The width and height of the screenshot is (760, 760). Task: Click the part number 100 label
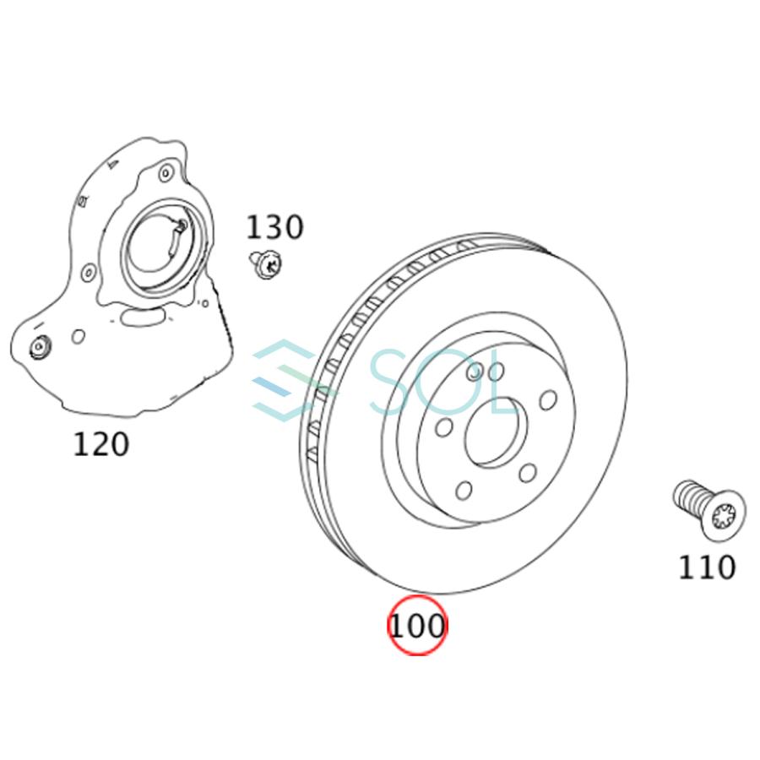pyautogui.click(x=415, y=627)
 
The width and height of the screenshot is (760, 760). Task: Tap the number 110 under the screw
pyautogui.click(x=706, y=567)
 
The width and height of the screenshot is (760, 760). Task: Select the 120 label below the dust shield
pyautogui.click(x=100, y=444)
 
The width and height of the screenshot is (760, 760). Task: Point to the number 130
pyautogui.click(x=274, y=227)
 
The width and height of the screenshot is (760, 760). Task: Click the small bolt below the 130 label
pyautogui.click(x=264, y=264)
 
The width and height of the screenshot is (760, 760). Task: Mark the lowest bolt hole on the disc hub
pyautogui.click(x=463, y=490)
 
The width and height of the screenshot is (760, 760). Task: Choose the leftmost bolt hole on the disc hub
pyautogui.click(x=442, y=429)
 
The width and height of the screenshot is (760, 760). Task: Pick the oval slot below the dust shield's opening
pyautogui.click(x=142, y=317)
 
